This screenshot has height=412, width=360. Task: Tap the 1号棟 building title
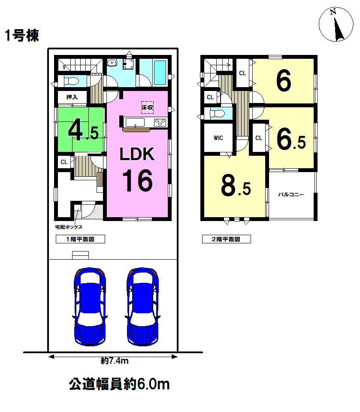pos(22,36)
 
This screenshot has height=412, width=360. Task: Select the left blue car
pos(90,306)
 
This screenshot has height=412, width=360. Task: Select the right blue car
pos(143,306)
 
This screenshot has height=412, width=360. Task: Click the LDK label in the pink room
pos(137,154)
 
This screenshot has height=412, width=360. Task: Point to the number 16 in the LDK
pos(137,181)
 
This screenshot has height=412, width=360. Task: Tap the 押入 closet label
pos(72,97)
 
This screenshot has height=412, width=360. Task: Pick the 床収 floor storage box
pos(147,107)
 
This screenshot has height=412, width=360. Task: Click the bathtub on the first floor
pos(160,73)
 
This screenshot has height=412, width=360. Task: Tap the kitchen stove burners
pos(160,122)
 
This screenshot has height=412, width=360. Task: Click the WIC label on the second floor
pos(218,138)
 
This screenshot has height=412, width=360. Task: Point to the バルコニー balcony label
pos(291,195)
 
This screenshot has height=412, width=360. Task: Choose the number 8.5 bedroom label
pos(236,186)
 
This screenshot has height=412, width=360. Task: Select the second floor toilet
pos(217,114)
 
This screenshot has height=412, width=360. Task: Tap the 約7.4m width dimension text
pos(115,361)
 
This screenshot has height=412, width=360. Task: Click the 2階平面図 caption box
pos(226,239)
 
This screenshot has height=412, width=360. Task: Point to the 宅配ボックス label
pos(69,227)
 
